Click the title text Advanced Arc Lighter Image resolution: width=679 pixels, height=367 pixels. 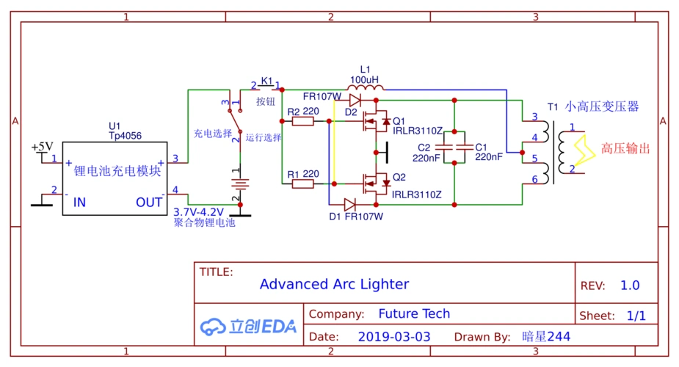334,284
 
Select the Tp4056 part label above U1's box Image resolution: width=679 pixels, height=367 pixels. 126,136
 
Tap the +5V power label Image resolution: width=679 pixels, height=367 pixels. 43,147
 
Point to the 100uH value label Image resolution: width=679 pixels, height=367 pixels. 365,79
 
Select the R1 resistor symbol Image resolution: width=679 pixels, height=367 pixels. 303,183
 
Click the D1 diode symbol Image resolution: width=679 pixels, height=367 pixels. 350,205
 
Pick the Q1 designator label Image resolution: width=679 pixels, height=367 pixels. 399,121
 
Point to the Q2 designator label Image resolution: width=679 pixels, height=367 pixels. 399,177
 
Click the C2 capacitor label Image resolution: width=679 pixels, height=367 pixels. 424,147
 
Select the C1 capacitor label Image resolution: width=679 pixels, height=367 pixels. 482,146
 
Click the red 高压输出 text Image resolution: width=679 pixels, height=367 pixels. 625,148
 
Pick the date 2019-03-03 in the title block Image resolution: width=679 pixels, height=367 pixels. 394,337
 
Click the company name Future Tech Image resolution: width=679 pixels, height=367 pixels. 414,313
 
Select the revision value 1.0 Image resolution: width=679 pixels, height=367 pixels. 630,286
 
